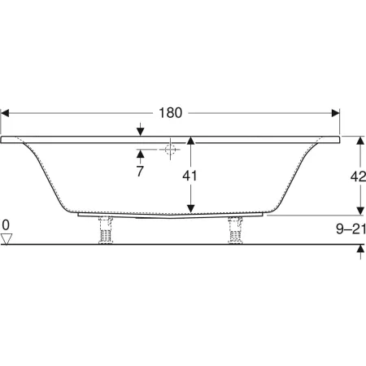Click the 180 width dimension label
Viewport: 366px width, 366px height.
[170, 113]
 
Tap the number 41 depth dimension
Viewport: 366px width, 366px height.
[190, 176]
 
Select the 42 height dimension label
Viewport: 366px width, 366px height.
[358, 176]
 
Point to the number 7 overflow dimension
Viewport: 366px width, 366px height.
[140, 171]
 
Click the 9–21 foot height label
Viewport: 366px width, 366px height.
[351, 229]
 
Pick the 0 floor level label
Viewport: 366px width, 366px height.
[6, 225]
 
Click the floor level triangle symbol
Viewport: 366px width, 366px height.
[7, 239]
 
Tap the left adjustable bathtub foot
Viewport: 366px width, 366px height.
[106, 230]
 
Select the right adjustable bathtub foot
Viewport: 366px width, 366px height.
[234, 230]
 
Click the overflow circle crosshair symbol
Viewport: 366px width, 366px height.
[170, 149]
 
